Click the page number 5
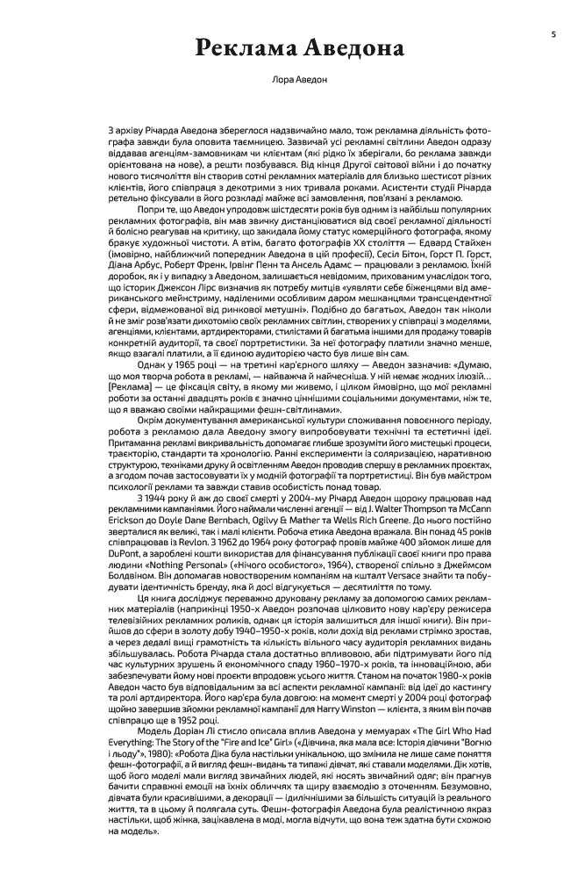click(x=553, y=34)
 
